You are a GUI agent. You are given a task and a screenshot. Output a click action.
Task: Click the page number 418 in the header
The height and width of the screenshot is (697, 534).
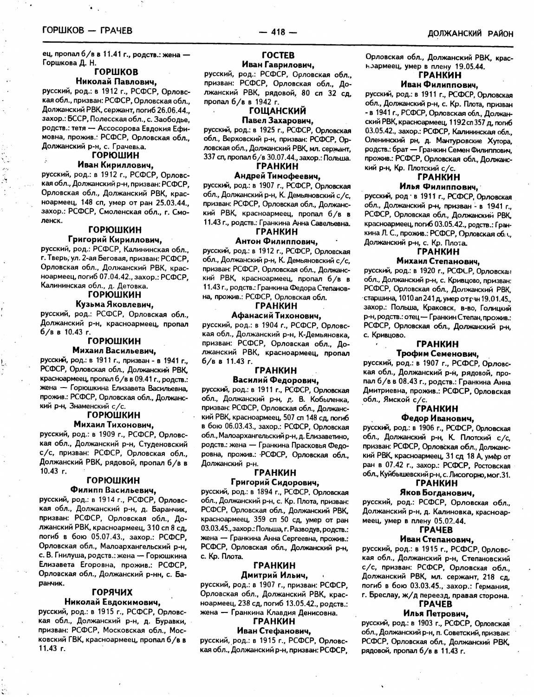tap(277, 32)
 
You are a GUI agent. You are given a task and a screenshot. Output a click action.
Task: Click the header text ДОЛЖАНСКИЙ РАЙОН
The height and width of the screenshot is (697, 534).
tap(470, 33)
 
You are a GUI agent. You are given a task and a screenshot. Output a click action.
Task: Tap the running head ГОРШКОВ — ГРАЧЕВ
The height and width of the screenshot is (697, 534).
tap(87, 31)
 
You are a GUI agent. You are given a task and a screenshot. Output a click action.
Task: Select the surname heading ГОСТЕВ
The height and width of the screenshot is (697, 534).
tap(278, 55)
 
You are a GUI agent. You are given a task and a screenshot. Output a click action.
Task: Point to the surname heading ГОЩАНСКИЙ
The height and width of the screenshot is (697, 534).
tap(277, 111)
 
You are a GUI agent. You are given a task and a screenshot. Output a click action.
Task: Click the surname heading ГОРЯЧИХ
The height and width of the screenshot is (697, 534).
tap(112, 592)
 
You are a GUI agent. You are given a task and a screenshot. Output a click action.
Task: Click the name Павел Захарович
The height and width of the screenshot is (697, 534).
tap(277, 121)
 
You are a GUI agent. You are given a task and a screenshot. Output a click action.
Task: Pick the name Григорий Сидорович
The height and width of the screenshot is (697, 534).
tap(275, 482)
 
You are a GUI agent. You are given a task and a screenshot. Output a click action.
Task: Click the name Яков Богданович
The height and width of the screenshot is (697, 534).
tap(436, 493)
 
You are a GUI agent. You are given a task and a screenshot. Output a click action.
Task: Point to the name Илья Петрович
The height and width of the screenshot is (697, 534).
tap(435, 614)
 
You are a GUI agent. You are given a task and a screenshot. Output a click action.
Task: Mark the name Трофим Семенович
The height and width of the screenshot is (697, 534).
tap(436, 354)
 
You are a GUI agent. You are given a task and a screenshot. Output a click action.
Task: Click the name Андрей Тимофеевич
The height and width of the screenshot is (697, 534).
tap(277, 176)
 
